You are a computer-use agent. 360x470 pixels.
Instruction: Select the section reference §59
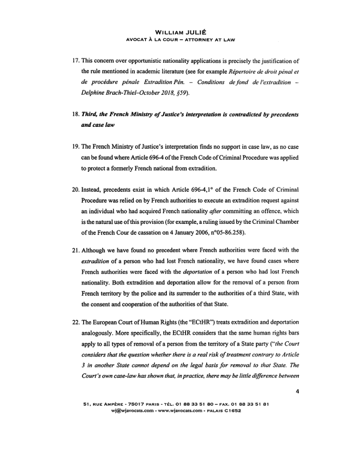170,93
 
